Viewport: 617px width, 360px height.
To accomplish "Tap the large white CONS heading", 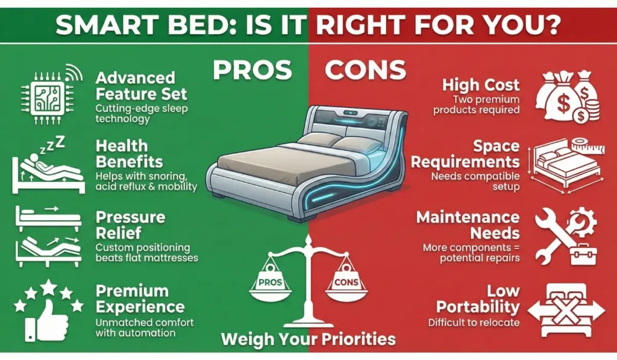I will pos(365,71).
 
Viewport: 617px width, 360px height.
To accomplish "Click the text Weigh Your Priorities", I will pos(308,338).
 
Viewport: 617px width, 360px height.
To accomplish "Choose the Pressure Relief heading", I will pos(130,225).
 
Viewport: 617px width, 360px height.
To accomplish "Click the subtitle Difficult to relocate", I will pos(474,323).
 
